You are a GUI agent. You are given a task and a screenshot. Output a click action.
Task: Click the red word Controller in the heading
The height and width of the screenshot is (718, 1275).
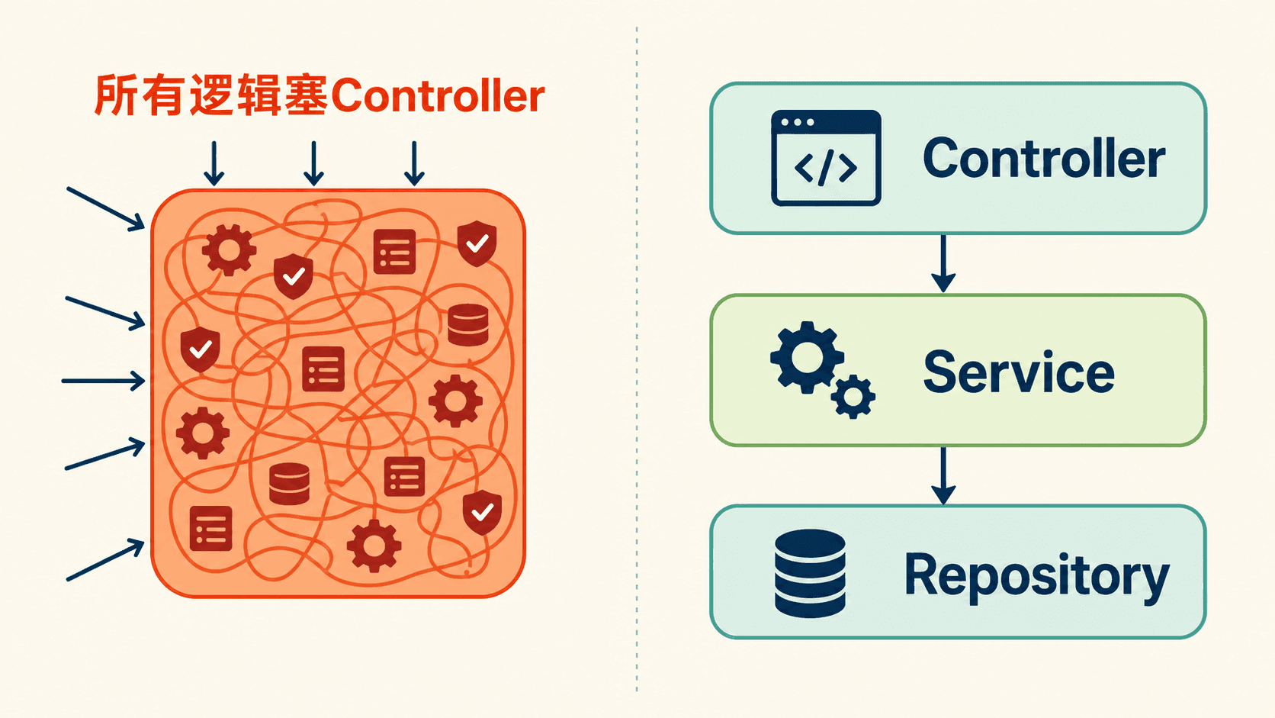click(437, 95)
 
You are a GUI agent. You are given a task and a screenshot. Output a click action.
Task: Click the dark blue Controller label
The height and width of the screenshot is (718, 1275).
click(1044, 158)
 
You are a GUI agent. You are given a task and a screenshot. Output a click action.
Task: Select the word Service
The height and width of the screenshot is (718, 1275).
click(1019, 372)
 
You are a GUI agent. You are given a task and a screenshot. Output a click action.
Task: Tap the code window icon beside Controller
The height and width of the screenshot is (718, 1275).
click(826, 158)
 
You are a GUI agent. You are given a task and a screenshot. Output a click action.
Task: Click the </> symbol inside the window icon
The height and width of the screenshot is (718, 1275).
click(826, 167)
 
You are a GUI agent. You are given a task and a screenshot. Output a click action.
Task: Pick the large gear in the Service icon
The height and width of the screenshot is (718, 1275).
click(807, 358)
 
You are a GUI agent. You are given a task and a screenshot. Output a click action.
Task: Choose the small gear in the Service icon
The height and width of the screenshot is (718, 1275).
click(853, 397)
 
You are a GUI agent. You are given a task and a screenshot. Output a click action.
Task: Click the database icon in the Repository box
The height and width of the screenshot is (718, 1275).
click(810, 573)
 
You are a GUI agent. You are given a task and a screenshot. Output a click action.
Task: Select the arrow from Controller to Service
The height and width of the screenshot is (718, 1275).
click(943, 263)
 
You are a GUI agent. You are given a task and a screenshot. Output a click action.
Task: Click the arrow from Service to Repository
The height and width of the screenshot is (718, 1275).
click(943, 475)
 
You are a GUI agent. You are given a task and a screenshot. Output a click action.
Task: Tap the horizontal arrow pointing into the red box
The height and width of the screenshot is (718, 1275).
click(103, 380)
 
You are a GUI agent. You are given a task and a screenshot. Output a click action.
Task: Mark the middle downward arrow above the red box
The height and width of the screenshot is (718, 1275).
click(313, 163)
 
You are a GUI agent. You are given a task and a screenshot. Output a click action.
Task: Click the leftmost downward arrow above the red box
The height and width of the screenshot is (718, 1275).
click(214, 163)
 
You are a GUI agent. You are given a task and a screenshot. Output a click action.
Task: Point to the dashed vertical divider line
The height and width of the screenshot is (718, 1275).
click(637, 359)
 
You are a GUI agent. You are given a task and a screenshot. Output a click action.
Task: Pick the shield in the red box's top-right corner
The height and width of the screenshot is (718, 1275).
click(477, 243)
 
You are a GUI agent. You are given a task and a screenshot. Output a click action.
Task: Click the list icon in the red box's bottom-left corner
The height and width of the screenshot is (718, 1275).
click(210, 529)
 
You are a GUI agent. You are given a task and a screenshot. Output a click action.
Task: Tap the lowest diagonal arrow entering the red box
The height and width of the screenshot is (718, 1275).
click(105, 560)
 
